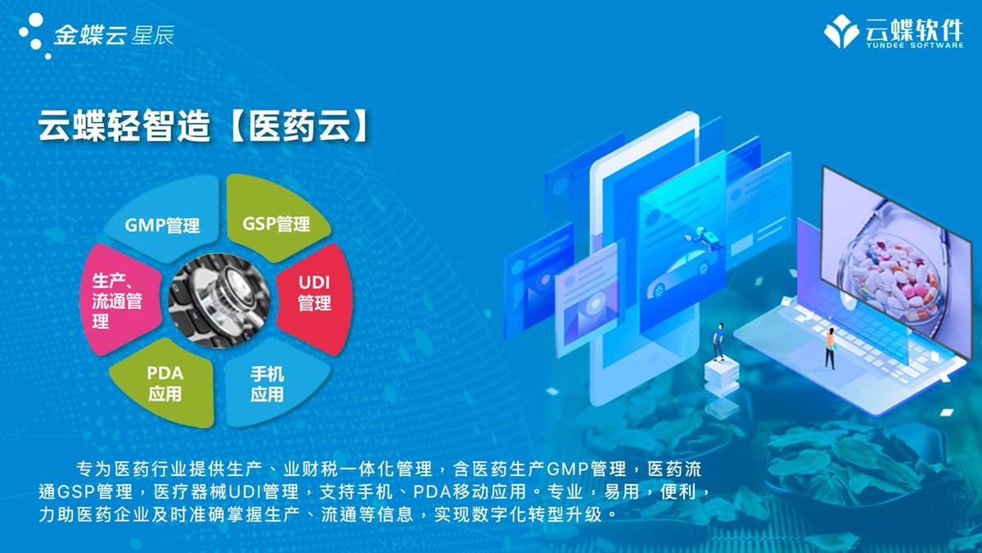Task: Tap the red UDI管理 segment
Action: pyautogui.click(x=314, y=293)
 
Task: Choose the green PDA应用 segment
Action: pyautogui.click(x=164, y=383)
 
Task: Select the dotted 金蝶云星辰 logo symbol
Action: pyautogui.click(x=34, y=34)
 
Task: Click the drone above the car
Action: pyautogui.click(x=705, y=237)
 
